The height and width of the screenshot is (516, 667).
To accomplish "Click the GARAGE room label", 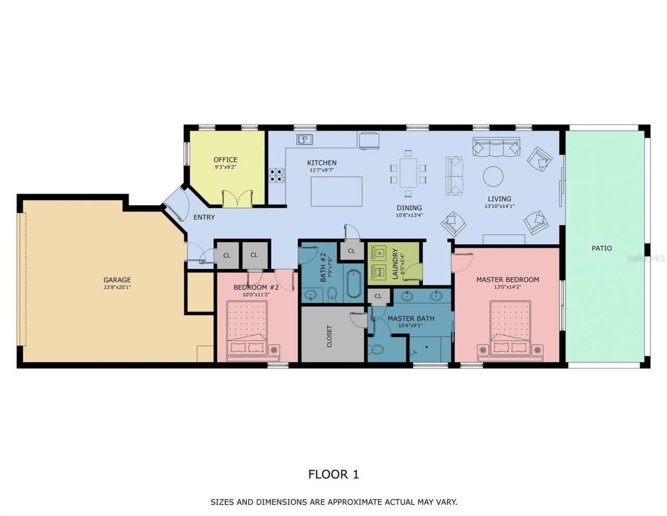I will click(x=117, y=280).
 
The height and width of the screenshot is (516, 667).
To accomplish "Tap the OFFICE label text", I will click(x=225, y=160).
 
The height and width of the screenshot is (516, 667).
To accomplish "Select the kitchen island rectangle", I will click(x=337, y=191).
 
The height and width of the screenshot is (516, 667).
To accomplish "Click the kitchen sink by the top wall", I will click(x=304, y=139).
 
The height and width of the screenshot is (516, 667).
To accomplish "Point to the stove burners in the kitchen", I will click(x=277, y=175).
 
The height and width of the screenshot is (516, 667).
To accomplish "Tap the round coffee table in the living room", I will click(x=493, y=176).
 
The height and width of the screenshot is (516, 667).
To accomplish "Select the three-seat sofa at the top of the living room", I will click(x=497, y=147).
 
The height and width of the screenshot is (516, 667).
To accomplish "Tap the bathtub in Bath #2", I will click(x=354, y=284).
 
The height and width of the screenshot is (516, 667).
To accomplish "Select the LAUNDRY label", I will click(x=395, y=263).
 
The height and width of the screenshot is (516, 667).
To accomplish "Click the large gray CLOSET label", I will click(x=329, y=337).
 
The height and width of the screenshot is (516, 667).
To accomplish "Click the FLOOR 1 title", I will click(x=333, y=474).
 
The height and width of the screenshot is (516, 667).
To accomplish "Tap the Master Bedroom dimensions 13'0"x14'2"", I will click(x=508, y=287).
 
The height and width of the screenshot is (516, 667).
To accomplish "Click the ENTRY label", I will click(x=204, y=217).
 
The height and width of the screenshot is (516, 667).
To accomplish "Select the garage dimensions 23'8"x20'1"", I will click(x=117, y=287).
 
